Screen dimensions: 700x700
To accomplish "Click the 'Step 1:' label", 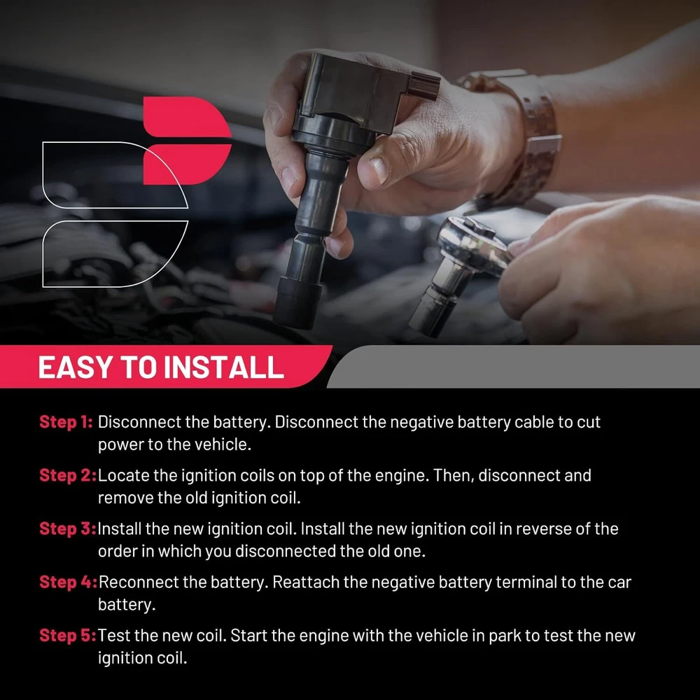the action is pyautogui.click(x=66, y=422).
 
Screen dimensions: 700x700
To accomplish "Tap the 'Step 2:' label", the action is pyautogui.click(x=68, y=475).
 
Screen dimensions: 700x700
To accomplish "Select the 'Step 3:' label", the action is pyautogui.click(x=68, y=528).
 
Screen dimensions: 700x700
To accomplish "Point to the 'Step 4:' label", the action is pyautogui.click(x=69, y=582).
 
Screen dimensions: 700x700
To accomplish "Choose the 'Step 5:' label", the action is pyautogui.click(x=68, y=636).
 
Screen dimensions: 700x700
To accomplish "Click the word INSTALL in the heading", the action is pyautogui.click(x=224, y=367).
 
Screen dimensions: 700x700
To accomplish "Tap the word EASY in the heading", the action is pyautogui.click(x=76, y=367).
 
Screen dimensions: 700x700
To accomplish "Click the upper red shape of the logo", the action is pyautogui.click(x=187, y=117).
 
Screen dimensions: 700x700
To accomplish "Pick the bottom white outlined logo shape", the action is pyautogui.click(x=115, y=253).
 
